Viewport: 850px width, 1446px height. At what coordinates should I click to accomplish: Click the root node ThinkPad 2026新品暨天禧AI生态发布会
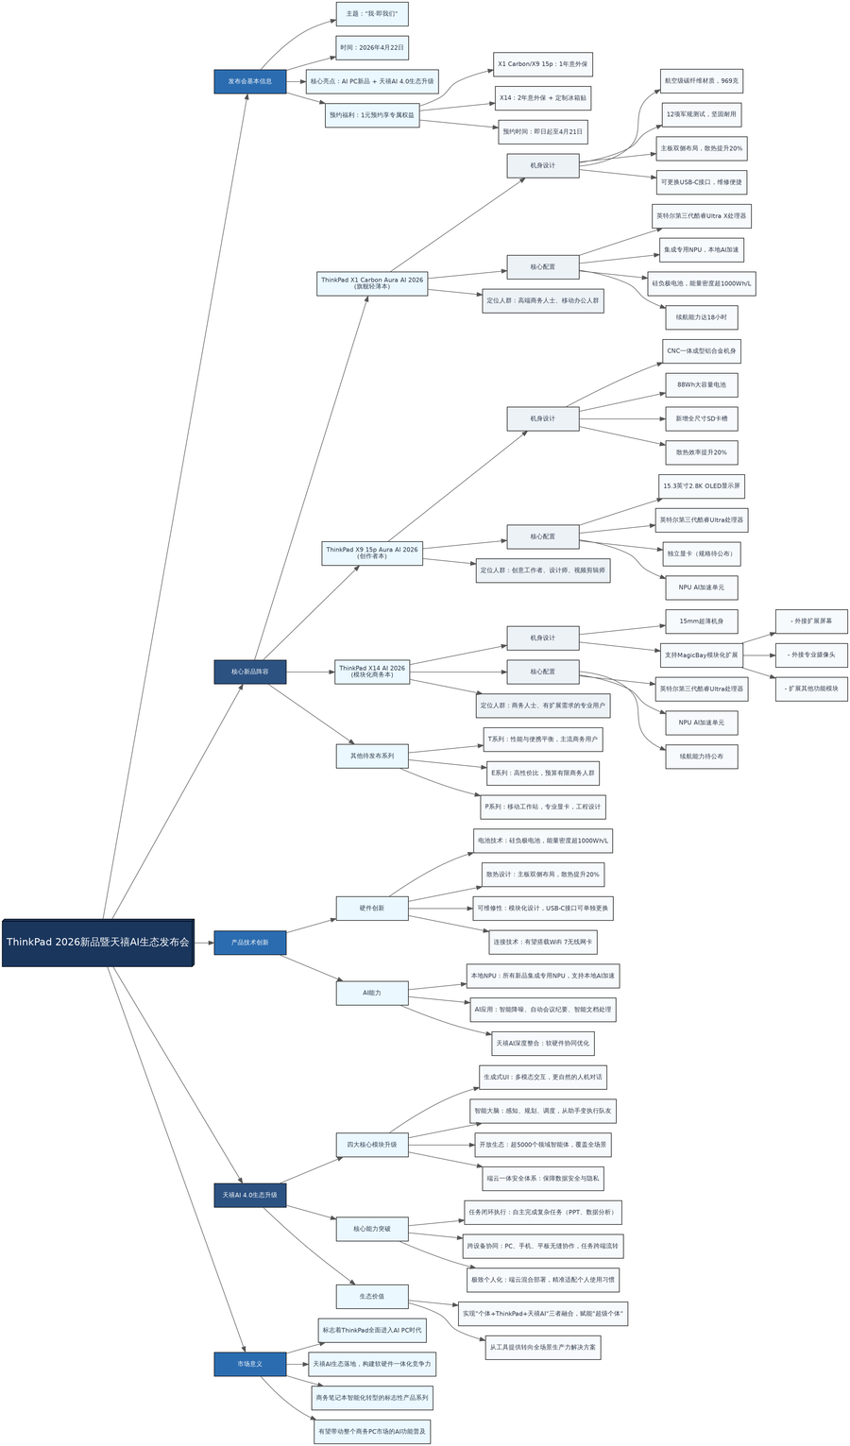coord(97,942)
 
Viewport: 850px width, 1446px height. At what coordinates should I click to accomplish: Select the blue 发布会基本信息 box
coord(249,81)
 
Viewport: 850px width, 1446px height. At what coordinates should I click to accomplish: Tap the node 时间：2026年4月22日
coord(372,47)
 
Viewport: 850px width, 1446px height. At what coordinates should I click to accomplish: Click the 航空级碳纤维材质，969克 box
coord(702,81)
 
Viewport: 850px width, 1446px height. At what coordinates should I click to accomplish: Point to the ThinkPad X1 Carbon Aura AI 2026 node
coord(372,283)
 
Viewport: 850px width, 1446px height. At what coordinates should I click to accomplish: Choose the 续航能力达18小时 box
coord(701,317)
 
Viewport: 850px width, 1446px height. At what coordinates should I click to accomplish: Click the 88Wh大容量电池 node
coord(701,385)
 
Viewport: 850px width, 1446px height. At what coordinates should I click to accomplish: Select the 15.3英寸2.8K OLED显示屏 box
coord(702,486)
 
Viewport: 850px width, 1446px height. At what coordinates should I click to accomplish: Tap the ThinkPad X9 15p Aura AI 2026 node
coord(372,553)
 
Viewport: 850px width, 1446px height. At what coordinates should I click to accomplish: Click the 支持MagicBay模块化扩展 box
coord(701,655)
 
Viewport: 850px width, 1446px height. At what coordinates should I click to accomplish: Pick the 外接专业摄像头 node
coord(811,655)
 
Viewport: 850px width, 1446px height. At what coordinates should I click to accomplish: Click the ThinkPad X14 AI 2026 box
coord(372,672)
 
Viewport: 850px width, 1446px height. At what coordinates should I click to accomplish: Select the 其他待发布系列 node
coord(372,756)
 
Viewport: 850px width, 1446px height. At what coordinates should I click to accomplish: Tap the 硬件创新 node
coord(372,909)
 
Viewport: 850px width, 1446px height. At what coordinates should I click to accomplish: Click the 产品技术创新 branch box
coord(249,942)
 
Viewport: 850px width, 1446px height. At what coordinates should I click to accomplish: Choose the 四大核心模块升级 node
coord(372,1145)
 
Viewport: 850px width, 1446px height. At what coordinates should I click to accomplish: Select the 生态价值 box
coord(372,1296)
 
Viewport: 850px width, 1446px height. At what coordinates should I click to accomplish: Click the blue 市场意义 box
coord(249,1364)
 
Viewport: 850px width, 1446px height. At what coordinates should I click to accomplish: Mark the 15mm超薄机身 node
coord(701,621)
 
